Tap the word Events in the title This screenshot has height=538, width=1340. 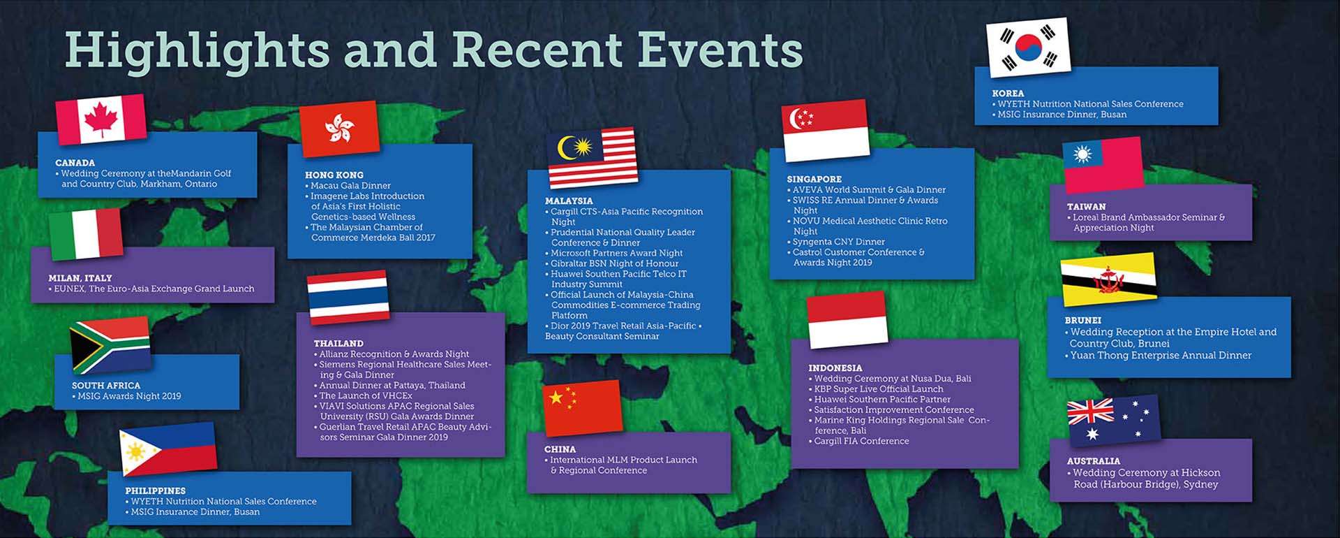[x=720, y=50]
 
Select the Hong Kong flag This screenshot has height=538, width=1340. [x=340, y=129]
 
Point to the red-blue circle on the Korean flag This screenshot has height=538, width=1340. [x=1028, y=48]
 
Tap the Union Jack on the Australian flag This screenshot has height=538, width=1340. [x=1090, y=412]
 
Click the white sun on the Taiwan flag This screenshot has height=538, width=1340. [x=1082, y=154]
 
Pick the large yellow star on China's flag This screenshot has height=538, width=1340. [x=556, y=398]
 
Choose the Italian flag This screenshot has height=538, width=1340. [x=86, y=233]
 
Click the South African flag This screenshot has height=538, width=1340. [x=110, y=344]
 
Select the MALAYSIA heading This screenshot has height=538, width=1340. [x=569, y=201]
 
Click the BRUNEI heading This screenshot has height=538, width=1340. [x=1082, y=321]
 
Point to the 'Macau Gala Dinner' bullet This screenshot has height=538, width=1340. [x=348, y=186]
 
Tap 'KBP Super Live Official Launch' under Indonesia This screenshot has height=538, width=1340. [x=876, y=389]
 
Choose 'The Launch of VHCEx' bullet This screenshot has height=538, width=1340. [x=363, y=395]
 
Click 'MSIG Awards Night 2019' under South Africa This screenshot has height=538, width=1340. [x=126, y=396]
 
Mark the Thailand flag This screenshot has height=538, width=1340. [x=348, y=297]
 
